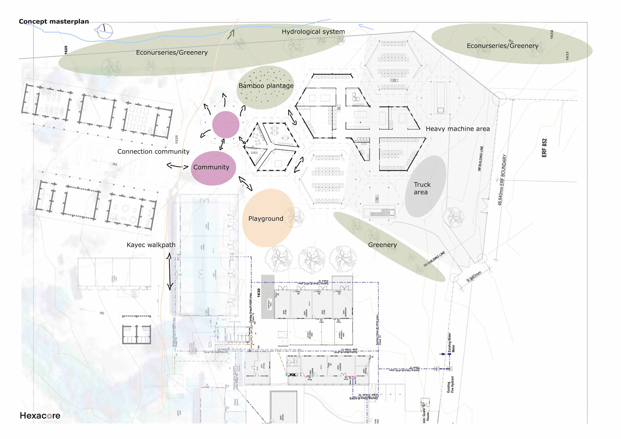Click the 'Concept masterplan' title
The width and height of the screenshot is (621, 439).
point(54,21)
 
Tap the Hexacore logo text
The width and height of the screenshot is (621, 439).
point(40,415)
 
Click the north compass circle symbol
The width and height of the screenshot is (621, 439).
point(105,31)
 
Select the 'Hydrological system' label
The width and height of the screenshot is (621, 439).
point(313,32)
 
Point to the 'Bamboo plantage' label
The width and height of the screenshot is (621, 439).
point(266,86)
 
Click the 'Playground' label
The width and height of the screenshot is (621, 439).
point(266,219)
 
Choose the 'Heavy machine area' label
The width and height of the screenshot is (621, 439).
point(457,129)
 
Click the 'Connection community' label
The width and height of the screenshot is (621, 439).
point(153,151)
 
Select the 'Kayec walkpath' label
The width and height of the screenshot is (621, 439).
point(151,245)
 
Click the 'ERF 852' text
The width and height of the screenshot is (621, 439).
point(544,148)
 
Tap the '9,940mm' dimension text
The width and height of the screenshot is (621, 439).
point(474,277)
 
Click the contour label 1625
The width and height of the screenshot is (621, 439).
point(66,50)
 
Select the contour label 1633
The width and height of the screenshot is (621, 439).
point(567,56)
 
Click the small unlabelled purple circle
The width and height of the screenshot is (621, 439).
point(226,125)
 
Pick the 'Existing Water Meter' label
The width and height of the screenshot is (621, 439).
point(451,343)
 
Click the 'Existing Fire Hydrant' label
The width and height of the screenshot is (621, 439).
point(451,384)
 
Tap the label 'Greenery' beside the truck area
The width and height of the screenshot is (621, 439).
point(382,245)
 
